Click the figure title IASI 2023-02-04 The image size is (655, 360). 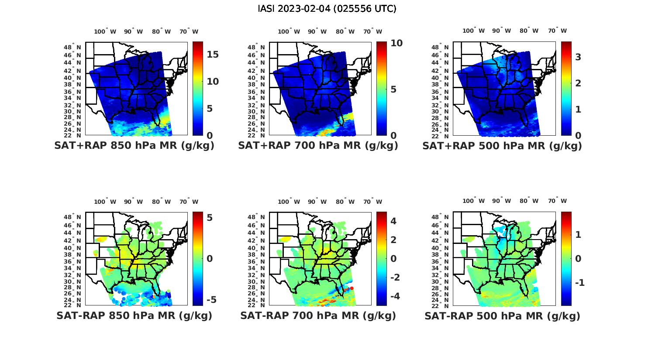tap(327, 9)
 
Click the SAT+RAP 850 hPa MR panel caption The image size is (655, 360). tap(134, 146)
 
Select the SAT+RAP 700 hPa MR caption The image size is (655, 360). tap(318, 146)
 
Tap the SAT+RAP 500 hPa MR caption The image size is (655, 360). tap(502, 146)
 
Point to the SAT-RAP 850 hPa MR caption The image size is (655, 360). tap(134, 315)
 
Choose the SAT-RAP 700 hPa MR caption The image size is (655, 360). tap(318, 315)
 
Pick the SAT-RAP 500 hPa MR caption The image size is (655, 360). tap(502, 315)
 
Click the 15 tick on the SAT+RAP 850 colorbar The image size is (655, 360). tap(213, 55)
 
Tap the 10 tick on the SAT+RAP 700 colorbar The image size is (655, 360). tap(396, 43)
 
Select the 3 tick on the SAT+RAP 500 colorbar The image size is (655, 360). tap(578, 57)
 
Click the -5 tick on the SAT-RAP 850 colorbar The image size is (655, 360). tap(211, 300)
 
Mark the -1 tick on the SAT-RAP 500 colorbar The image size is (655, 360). tap(579, 283)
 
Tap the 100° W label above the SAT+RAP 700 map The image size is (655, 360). tap(289, 31)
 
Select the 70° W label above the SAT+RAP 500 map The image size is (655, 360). tap(557, 31)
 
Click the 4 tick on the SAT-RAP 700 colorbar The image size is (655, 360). tap(393, 221)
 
